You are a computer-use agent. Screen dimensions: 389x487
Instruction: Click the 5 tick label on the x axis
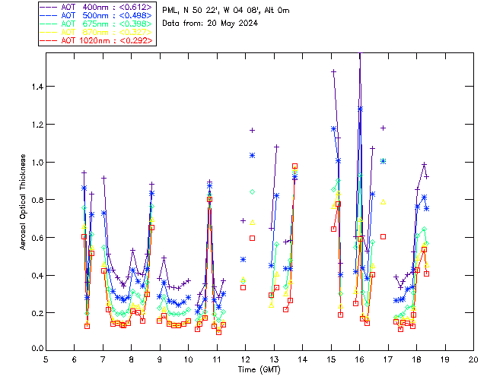(x=46, y=359)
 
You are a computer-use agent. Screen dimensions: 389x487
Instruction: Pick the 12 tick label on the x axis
(x=245, y=359)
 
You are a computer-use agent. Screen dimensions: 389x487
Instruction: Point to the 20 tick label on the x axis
(x=473, y=359)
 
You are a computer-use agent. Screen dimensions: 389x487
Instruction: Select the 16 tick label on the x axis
(x=359, y=359)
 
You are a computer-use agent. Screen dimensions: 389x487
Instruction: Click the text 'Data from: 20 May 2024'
(x=210, y=24)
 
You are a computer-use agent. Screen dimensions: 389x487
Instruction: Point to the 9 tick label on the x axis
(x=160, y=359)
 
